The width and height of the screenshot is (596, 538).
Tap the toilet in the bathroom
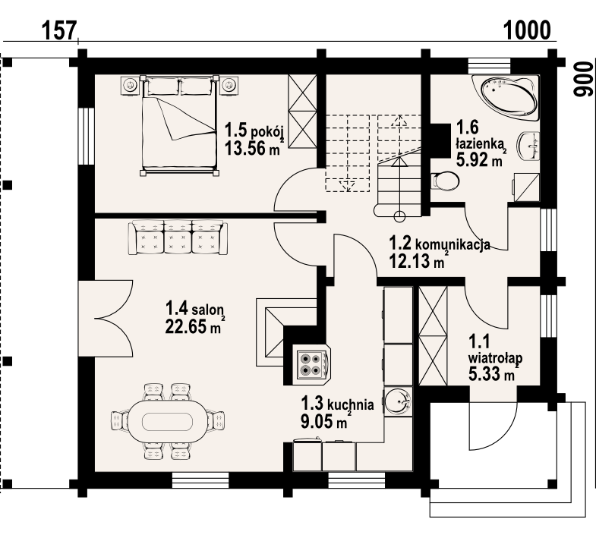coord(445,181)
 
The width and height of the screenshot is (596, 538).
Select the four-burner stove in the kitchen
coord(312,365)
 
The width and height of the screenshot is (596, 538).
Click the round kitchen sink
coord(398,401)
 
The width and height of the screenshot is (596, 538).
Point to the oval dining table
coord(168,421)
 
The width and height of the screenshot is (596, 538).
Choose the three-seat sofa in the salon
coord(178,238)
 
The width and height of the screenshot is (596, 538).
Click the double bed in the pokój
coord(179,125)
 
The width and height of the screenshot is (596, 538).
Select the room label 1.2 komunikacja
coord(440,243)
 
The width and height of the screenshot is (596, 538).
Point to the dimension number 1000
coord(527,30)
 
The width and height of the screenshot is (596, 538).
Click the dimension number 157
coord(59,30)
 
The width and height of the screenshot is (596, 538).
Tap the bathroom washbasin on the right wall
coord(528,146)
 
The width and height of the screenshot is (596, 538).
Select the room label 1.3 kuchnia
coord(337,404)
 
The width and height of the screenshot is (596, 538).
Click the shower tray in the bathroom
coord(526,187)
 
